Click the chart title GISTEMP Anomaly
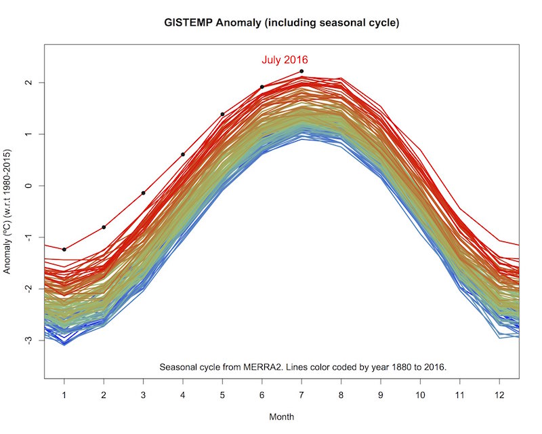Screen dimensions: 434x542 [282, 22]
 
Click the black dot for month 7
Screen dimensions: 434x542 [301, 71]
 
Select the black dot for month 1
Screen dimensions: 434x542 [64, 250]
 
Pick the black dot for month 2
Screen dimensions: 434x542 [104, 227]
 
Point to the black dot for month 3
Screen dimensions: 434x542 [144, 193]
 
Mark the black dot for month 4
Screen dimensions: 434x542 [183, 155]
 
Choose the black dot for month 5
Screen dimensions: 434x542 [222, 114]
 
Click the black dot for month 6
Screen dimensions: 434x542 [262, 87]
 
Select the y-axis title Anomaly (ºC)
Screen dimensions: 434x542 [9, 212]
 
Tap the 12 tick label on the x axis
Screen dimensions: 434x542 [499, 393]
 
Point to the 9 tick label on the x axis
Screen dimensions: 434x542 [381, 393]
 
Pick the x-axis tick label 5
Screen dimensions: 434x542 [222, 393]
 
